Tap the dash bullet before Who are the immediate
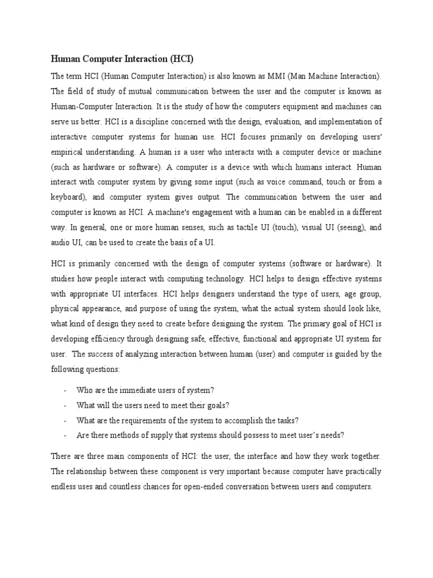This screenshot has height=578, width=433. (66, 391)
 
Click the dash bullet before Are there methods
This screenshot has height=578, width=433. (66, 435)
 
